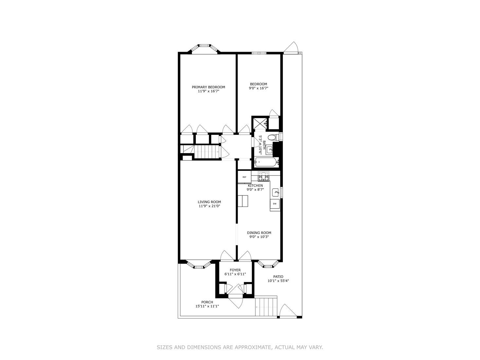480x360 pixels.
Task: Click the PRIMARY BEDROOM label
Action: (208, 87)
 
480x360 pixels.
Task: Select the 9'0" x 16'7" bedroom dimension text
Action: (258, 88)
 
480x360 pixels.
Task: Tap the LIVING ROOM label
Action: (209, 202)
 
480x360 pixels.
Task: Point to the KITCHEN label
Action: (255, 186)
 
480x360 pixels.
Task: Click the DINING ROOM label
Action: (259, 233)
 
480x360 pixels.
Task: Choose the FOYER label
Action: (235, 270)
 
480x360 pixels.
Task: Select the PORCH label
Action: (207, 302)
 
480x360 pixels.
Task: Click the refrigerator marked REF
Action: (244, 177)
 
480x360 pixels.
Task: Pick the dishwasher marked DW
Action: (275, 204)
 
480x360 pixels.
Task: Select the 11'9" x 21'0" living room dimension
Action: (209, 206)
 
